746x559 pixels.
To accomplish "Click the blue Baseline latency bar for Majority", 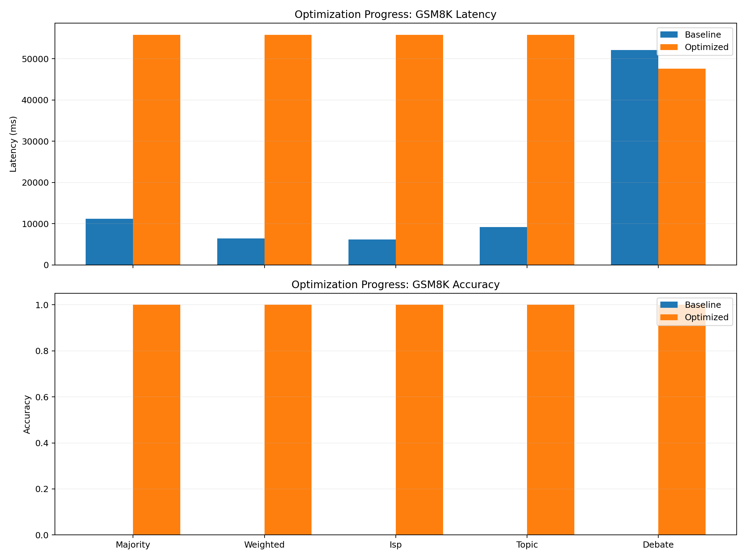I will pos(109,242).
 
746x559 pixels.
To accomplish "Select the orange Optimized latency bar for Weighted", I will pos(288,150).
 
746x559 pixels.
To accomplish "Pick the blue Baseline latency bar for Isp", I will pos(372,252).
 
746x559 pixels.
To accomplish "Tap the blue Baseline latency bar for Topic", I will pos(503,246).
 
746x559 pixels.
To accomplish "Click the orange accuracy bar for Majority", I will pos(156,420).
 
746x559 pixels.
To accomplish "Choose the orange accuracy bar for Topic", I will pos(551,420).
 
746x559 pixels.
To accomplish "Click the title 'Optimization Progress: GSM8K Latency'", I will pos(395,14).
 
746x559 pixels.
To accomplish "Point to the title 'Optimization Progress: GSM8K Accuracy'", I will pos(395,285).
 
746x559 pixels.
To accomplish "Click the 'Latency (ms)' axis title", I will pos(13,144).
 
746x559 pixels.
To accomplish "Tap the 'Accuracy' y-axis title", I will pos(27,414).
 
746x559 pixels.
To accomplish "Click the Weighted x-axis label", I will pos(264,545).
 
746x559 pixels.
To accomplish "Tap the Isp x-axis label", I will pos(395,545).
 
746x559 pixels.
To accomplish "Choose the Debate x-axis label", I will pos(658,545).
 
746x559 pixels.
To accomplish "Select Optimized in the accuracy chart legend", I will pos(706,317).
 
